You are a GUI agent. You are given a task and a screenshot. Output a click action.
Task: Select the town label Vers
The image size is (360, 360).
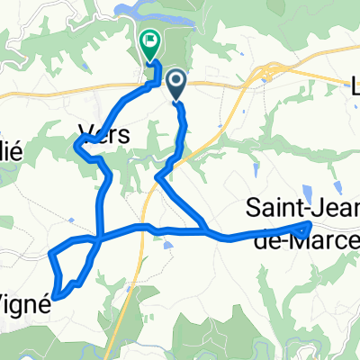coord(103,133)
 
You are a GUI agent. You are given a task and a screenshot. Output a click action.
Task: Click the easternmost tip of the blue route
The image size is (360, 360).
coord(310,224)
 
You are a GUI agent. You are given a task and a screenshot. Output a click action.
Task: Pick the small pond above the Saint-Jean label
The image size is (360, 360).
coord(305,191)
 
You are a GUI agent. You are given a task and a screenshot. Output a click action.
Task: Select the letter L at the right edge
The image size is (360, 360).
coord(354,88)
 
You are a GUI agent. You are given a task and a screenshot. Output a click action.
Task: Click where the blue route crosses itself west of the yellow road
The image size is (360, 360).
coord(97,238)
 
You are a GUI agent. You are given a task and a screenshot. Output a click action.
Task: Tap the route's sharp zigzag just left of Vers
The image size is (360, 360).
coord(79,148)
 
